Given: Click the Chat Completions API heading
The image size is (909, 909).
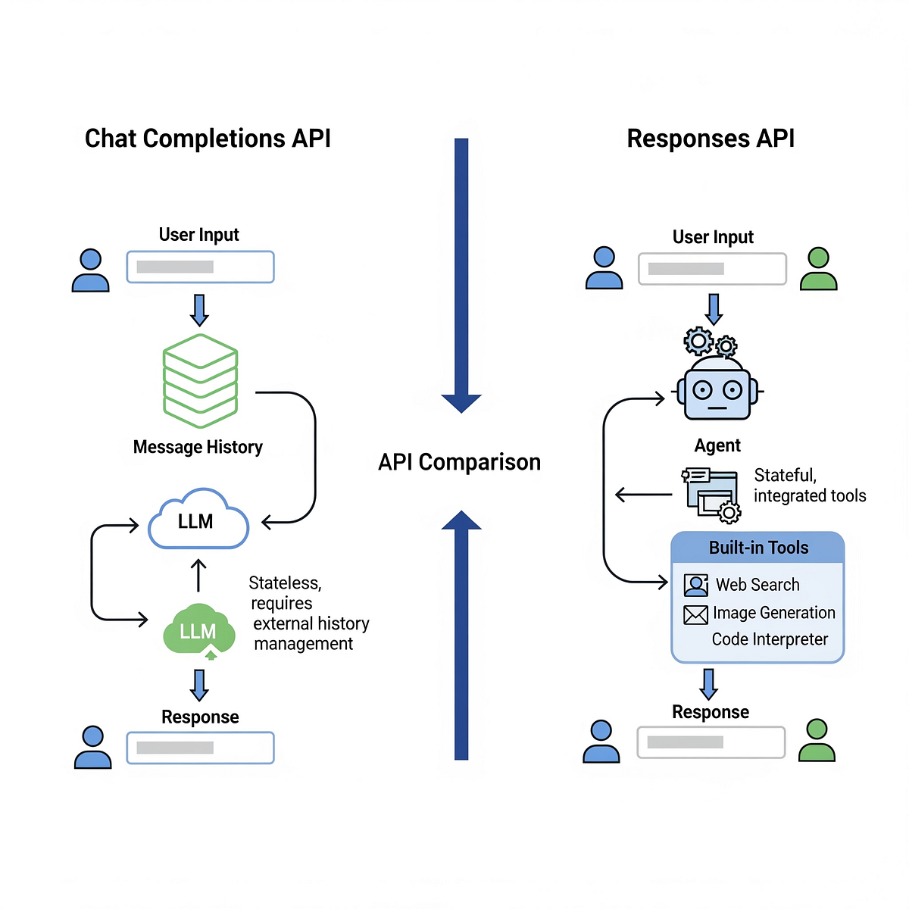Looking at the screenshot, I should (208, 139).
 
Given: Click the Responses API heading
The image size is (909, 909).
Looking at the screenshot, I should (711, 139).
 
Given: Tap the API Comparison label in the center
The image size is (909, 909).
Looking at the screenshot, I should (459, 462).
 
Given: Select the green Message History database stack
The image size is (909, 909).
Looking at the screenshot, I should (200, 381).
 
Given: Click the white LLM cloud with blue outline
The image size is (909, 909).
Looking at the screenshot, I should (198, 521).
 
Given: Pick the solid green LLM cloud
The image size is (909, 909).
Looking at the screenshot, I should (198, 630).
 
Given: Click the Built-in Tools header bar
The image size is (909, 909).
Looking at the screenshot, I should (757, 548).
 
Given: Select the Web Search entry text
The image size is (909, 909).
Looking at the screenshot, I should (757, 585).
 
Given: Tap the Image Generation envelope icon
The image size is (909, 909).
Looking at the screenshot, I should (695, 614).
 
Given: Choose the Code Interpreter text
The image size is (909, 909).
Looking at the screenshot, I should (770, 639).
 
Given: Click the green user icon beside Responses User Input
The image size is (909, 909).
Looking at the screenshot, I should (818, 269).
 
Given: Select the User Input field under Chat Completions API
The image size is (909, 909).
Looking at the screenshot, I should (200, 267).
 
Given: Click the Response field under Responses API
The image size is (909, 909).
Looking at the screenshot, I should (711, 742).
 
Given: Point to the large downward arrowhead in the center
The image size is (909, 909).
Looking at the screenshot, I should (461, 402).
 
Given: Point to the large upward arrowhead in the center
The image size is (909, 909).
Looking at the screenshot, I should (461, 521).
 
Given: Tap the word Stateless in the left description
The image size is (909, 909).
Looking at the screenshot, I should (285, 583).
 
